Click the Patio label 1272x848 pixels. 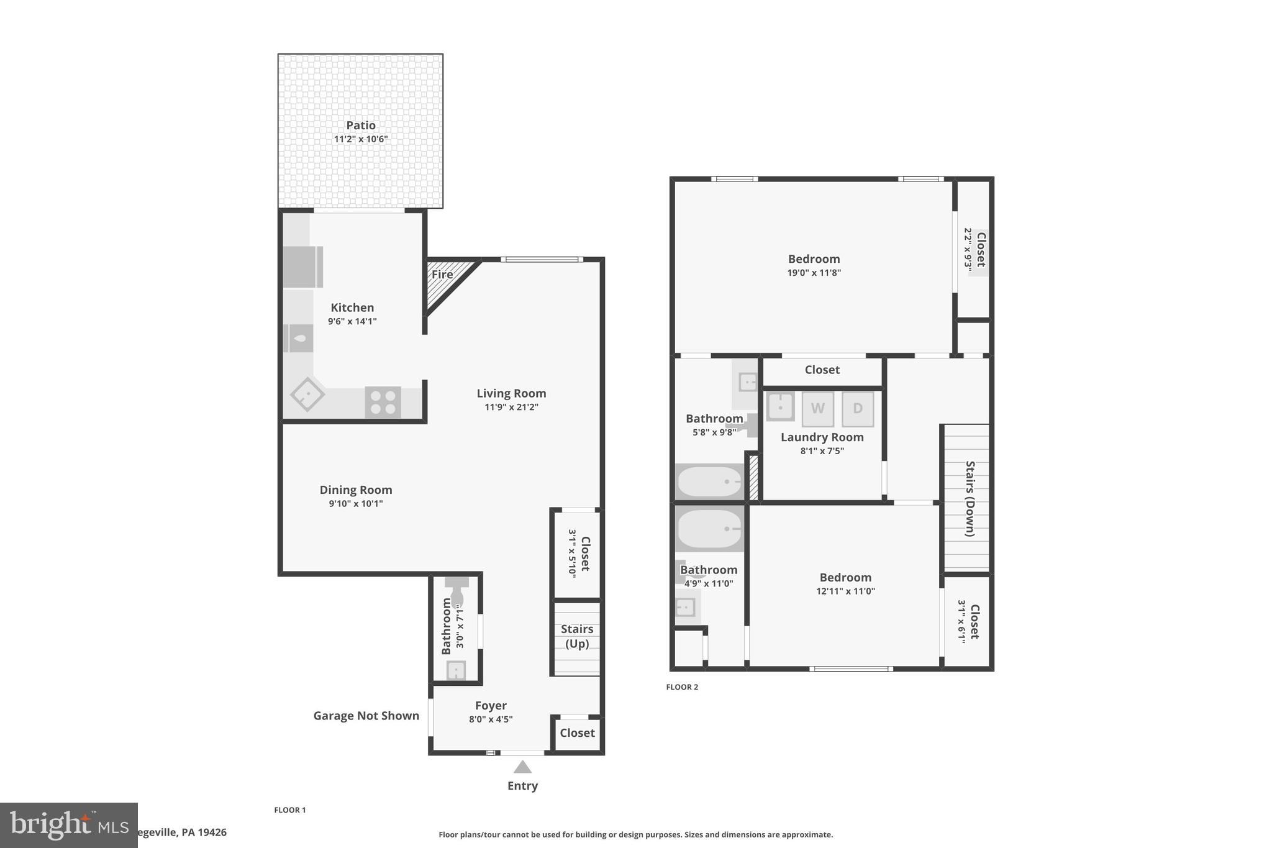click(x=360, y=125)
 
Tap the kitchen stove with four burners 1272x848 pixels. click(x=383, y=401)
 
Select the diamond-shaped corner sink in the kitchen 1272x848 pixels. click(x=307, y=394)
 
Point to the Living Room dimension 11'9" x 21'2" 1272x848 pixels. click(x=511, y=408)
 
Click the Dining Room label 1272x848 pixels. click(x=356, y=490)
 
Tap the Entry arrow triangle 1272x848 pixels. click(x=522, y=767)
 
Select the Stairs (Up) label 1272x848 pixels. click(x=577, y=636)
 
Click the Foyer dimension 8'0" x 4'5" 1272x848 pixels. click(x=491, y=719)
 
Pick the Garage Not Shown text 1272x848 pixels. click(x=366, y=716)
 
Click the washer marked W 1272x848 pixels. click(x=817, y=408)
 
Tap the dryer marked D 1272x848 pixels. click(x=858, y=408)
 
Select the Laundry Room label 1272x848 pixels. click(x=822, y=437)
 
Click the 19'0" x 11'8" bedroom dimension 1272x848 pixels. click(x=814, y=273)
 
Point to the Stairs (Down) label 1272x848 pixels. click(x=970, y=498)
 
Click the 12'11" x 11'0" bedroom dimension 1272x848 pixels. click(x=845, y=591)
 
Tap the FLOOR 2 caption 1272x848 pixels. click(x=682, y=687)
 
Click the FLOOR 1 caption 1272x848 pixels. click(x=290, y=810)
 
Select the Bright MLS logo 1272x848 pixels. click(x=68, y=825)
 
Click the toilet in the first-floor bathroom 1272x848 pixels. click(x=457, y=593)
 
